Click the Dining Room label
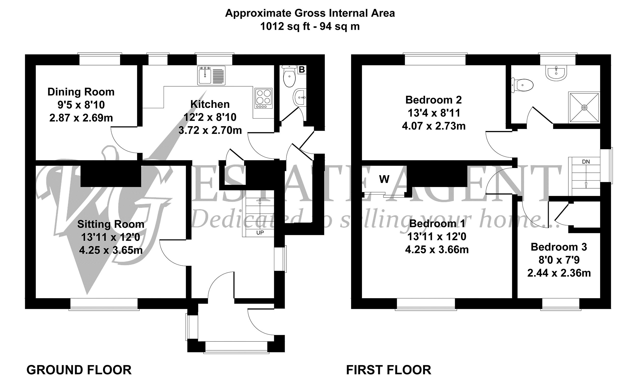coord(81,92)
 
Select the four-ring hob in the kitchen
coord(264,99)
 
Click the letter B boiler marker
coord(302,69)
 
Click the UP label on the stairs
coord(260,233)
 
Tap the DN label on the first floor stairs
coord(586,162)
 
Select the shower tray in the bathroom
coord(584,107)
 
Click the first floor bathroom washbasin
coord(556,72)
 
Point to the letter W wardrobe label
coord(384,179)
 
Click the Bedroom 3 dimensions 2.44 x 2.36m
coord(559,273)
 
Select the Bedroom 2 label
coord(433,100)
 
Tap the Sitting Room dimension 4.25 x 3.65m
coord(111,250)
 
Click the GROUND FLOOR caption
coord(79,370)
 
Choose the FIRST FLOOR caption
coord(388,370)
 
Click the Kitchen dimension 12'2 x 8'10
coord(210,117)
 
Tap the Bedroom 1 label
coord(437,224)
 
